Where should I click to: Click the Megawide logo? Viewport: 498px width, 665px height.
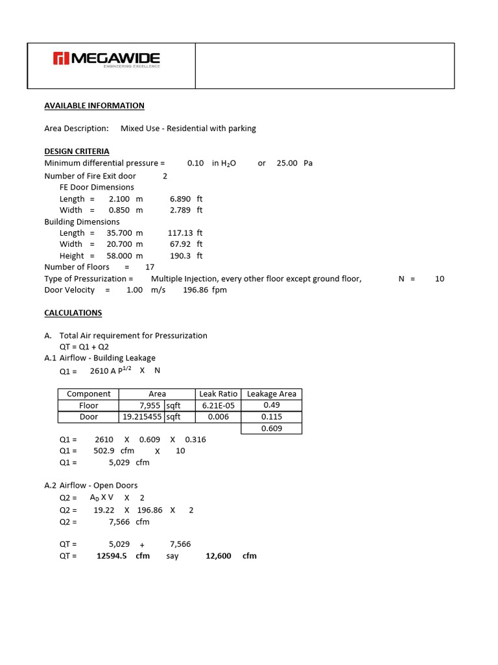pos(106,60)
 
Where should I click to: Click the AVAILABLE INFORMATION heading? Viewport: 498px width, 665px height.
pos(94,105)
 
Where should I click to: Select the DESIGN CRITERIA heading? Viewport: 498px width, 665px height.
pos(77,151)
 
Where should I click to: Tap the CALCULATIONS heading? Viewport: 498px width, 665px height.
pos(73,312)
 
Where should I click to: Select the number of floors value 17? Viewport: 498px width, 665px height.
pos(150,267)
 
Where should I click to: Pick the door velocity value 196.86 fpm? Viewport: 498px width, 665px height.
pos(200,290)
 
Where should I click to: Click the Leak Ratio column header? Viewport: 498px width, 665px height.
pos(218,394)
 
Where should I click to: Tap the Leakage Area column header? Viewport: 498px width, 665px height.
pos(271,394)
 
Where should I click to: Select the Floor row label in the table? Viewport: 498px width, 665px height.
pos(88,405)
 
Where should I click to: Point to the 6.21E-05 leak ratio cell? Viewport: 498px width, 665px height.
pos(218,405)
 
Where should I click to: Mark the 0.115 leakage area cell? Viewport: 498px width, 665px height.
pos(271,417)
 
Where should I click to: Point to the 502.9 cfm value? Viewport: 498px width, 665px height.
pos(105,451)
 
